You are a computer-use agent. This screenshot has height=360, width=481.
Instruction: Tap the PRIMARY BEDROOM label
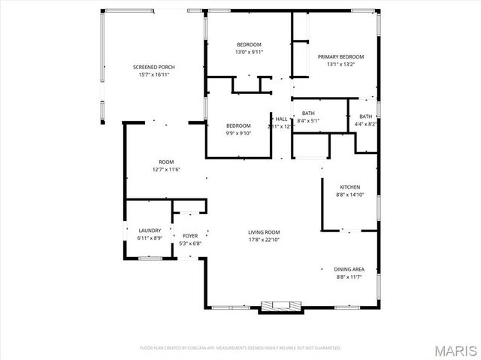pos(340,57)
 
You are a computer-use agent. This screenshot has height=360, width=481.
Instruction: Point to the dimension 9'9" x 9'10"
pos(238,133)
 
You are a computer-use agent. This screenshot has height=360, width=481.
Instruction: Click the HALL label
pos(281,119)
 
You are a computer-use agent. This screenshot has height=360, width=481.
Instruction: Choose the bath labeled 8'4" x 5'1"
pos(308,120)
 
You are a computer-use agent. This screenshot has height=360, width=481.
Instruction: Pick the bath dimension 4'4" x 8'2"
pos(365,125)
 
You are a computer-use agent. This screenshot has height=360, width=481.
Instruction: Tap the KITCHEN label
pos(349,187)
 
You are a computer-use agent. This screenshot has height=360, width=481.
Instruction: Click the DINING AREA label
pos(349,269)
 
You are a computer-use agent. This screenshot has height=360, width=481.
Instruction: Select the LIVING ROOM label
pos(264,232)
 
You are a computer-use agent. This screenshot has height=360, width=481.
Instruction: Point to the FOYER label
pos(190,236)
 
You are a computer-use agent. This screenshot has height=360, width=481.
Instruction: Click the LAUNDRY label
pos(150,231)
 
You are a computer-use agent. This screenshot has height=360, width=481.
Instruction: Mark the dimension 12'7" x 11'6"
pos(166,169)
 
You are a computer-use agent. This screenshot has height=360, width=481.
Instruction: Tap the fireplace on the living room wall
pos(281,306)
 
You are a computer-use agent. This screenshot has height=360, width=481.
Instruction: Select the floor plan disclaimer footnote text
pos(240,348)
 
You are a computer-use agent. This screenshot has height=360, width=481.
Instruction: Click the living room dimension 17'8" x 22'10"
pos(264,240)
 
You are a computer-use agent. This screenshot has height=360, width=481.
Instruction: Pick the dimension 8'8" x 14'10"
pos(349,195)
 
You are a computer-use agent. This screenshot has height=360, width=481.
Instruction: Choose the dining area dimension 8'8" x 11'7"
pos(349,277)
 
